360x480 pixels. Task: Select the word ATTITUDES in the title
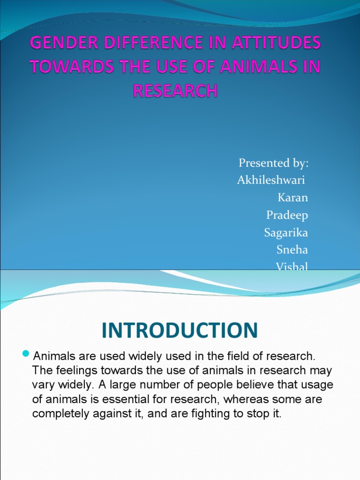tap(276, 42)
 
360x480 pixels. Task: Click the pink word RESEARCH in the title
tap(175, 90)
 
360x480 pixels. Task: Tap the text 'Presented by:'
tap(274, 163)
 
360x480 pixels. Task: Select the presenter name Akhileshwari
tap(271, 180)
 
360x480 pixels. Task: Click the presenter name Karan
tap(292, 197)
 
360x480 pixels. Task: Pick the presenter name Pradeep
tap(287, 215)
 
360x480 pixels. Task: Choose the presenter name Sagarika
tap(286, 232)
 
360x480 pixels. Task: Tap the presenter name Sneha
tap(292, 250)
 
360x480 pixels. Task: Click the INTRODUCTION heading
tap(180, 330)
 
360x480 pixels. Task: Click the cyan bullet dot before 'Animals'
tap(26, 354)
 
